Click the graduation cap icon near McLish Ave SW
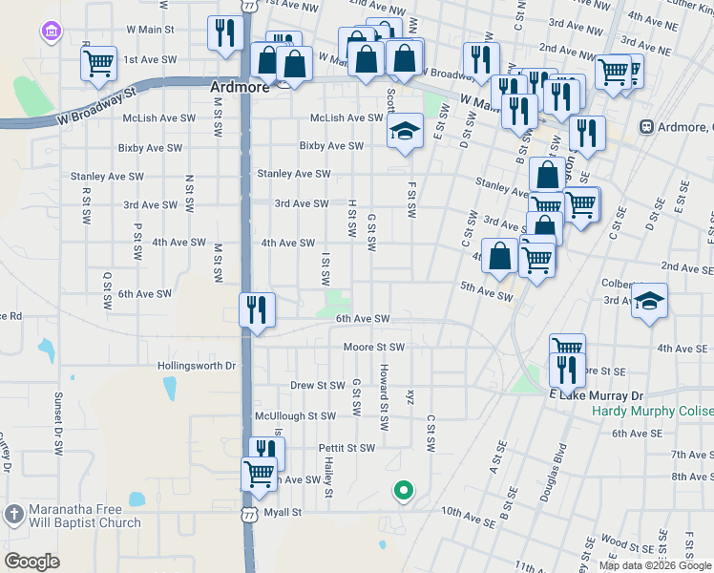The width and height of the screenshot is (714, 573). (x=406, y=131)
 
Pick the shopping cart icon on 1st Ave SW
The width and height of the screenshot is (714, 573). (x=99, y=64)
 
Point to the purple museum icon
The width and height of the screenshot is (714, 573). (x=50, y=32)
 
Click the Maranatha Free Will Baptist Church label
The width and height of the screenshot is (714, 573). (x=85, y=516)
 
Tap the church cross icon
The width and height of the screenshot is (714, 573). (x=13, y=515)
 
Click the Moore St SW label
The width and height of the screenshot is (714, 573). (x=374, y=347)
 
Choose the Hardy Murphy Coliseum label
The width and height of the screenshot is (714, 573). (x=653, y=412)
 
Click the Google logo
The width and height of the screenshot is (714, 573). (x=31, y=561)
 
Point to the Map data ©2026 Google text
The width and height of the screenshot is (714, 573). (x=654, y=564)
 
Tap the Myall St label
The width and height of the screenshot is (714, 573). (x=283, y=512)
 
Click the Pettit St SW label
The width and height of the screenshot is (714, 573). (x=347, y=447)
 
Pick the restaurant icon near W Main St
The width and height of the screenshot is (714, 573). (x=221, y=33)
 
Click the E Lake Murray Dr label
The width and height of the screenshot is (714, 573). (x=597, y=395)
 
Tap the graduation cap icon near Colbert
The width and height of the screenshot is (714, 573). (x=649, y=302)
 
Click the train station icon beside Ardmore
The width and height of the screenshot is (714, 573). (x=646, y=127)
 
